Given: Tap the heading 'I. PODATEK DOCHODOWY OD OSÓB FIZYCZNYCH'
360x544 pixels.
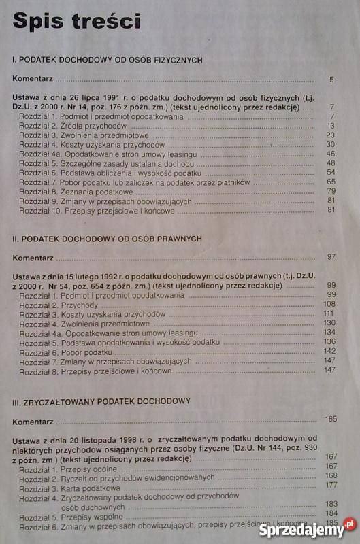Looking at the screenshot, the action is pos(108,60).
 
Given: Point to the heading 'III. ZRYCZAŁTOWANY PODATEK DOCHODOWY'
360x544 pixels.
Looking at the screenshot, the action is pos(101,400).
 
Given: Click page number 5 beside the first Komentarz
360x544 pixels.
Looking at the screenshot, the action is pos(331,80).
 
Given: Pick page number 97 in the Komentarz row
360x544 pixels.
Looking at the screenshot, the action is pos(331,256).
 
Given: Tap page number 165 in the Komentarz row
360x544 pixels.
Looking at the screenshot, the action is pos(331,418).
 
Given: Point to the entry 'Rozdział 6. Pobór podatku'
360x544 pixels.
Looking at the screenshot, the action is pos(58,350).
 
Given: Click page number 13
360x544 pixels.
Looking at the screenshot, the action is pos(331,126).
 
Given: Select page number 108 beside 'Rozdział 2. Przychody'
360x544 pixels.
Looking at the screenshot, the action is pos(330,303).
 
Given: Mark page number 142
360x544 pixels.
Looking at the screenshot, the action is pos(330,350).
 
